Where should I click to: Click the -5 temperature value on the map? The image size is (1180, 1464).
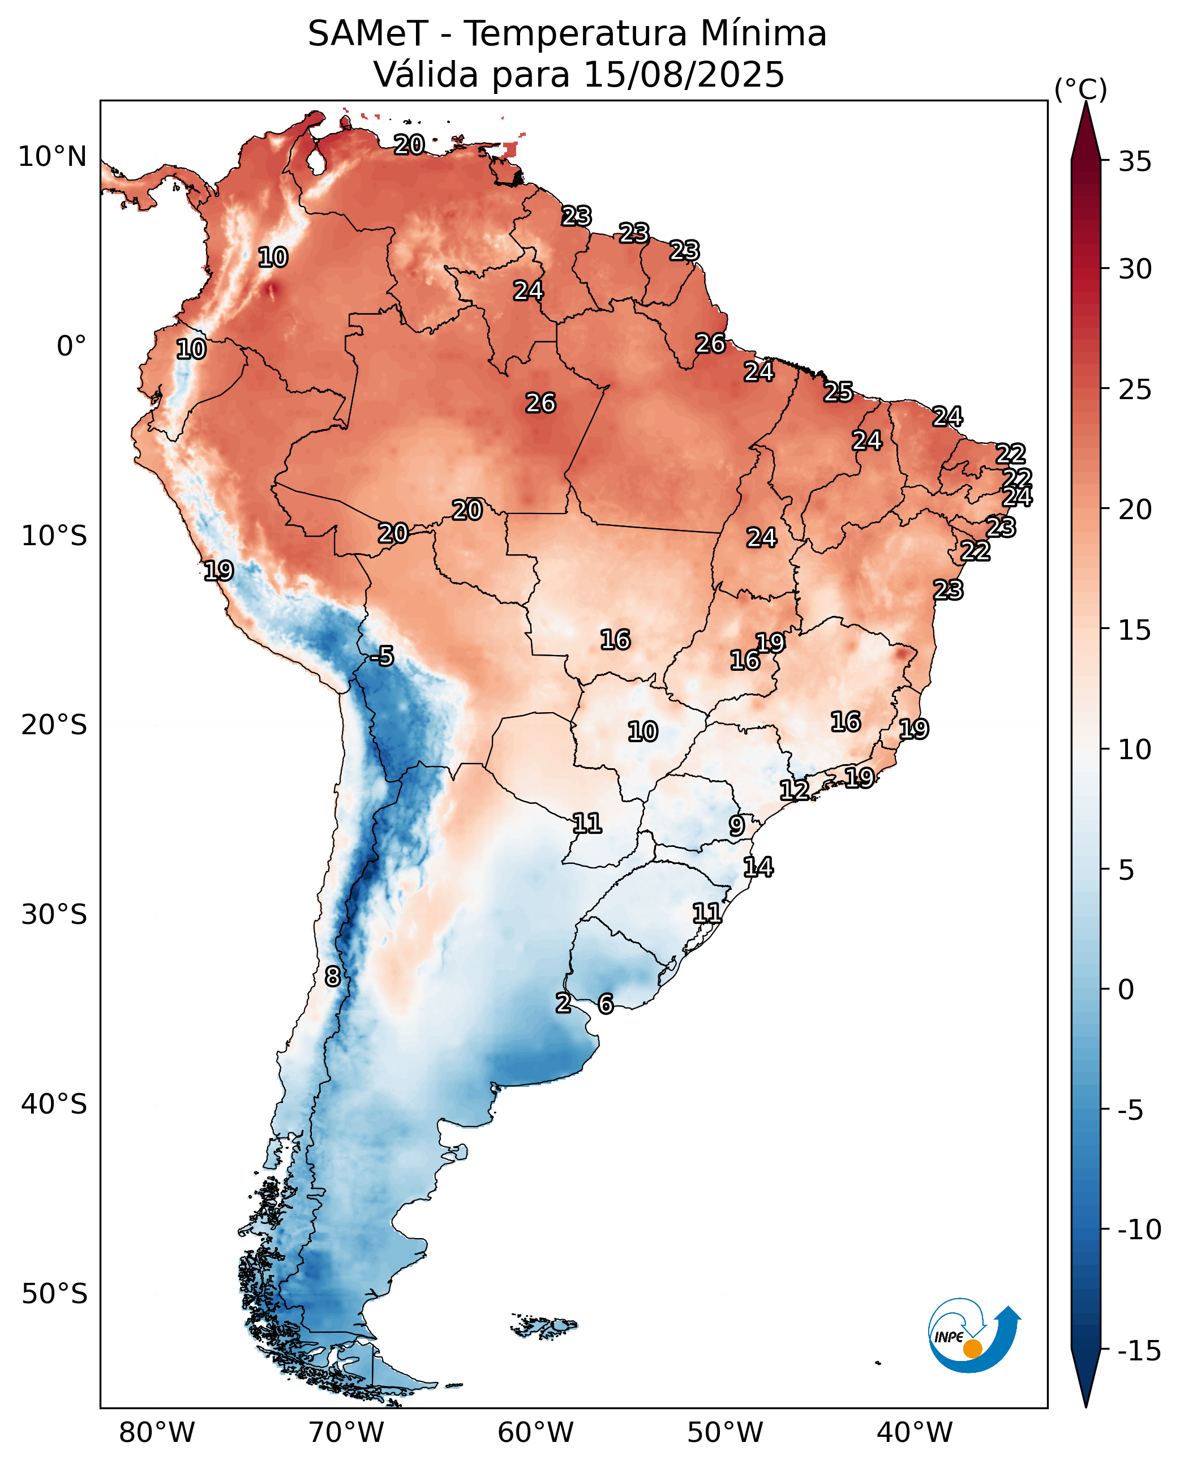coord(382,656)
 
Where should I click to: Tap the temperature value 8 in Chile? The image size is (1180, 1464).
coord(332,977)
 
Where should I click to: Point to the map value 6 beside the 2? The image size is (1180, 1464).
coord(606,1004)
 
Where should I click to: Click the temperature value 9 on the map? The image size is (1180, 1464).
coord(737,825)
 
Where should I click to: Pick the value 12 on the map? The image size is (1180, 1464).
coord(795,790)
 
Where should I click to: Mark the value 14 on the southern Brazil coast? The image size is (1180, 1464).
coord(758,867)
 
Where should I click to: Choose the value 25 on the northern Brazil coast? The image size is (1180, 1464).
coord(839,392)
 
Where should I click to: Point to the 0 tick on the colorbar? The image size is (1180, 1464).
coord(1126,990)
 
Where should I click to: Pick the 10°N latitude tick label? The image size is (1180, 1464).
coord(52,156)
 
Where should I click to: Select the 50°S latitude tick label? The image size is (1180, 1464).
coord(54,1294)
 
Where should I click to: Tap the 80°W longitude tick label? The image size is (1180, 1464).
coord(157,1433)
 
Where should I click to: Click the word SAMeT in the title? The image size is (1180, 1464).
coord(368,33)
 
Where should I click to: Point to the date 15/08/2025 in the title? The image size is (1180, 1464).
coord(684,74)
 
